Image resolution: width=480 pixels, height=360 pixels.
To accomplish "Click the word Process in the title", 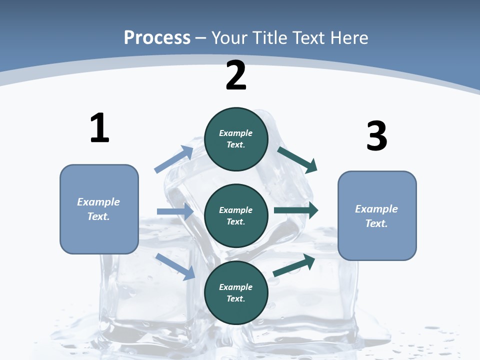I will tap(157, 37).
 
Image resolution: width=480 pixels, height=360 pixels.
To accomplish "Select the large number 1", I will tap(99, 128).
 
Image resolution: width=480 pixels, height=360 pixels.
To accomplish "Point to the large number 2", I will tap(236, 75).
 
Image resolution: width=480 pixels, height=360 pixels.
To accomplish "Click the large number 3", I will tap(376, 136).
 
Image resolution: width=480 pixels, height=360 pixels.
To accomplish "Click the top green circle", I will tap(236, 139).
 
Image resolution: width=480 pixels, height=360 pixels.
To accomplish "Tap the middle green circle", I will tap(236, 215).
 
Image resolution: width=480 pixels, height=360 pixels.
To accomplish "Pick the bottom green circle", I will tap(236, 292).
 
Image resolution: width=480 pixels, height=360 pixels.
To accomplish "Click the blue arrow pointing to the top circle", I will tap(174, 159).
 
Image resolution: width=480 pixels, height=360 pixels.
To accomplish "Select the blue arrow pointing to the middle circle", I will tap(175, 211).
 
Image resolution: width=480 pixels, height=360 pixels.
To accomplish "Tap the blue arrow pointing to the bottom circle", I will tap(175, 266).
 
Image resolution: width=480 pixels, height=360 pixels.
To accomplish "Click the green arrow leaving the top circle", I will tap(297, 159).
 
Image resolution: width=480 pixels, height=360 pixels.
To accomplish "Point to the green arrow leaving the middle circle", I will tap(296, 210).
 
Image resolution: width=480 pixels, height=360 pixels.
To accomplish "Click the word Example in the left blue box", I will tap(98, 202).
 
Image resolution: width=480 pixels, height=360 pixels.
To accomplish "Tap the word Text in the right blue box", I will tap(376, 223).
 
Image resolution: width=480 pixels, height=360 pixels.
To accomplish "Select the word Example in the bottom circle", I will tap(235, 287).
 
